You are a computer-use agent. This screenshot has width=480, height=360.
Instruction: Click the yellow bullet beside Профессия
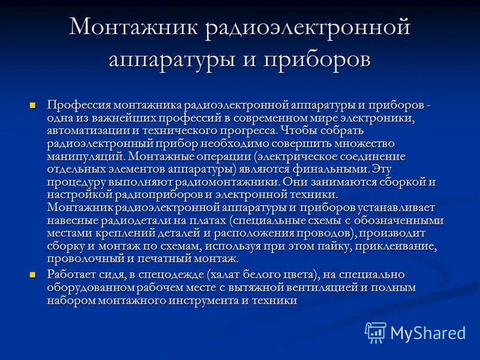[x=33, y=105]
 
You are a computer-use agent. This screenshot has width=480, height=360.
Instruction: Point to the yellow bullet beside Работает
[x=33, y=274]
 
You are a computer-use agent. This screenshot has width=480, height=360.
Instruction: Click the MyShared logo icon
[x=376, y=332]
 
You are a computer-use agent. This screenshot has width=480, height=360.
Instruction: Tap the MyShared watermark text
[x=428, y=332]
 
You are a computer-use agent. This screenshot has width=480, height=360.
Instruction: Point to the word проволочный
[x=78, y=259]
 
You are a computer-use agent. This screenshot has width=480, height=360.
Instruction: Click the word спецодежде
[x=175, y=275]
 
